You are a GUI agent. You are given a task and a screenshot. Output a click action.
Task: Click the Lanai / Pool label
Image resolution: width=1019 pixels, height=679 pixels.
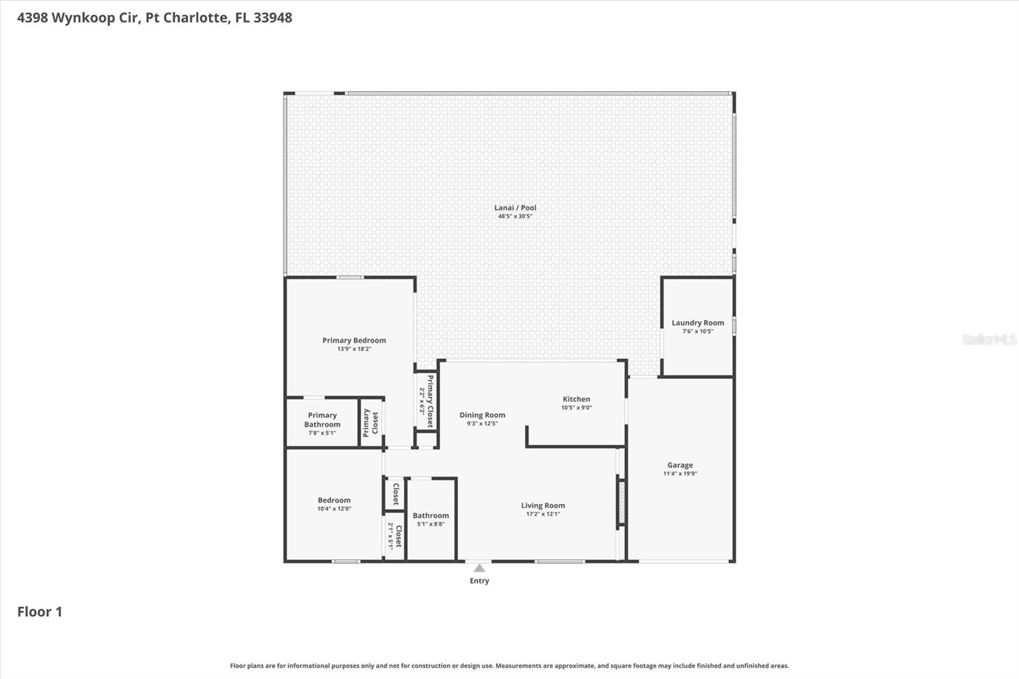point(515,208)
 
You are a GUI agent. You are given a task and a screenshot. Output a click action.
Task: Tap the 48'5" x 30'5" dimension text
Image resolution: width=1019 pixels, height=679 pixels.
point(515,217)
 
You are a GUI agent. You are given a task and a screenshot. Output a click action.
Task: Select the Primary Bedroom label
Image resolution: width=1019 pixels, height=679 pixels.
point(354,340)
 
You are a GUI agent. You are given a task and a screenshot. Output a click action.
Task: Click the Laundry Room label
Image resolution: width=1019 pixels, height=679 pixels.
point(697,323)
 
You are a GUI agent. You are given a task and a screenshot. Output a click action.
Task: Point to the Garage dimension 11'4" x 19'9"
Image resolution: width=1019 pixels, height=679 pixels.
point(680,474)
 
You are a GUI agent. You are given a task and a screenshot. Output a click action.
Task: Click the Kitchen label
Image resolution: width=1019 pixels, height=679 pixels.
point(576,399)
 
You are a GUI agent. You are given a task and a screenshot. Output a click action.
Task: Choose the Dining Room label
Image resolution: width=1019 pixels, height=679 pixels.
point(482,415)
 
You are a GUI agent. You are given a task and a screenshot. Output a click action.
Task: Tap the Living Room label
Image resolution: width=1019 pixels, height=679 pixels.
point(543,506)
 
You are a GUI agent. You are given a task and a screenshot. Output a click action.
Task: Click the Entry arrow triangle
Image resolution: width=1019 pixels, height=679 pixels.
point(480,568)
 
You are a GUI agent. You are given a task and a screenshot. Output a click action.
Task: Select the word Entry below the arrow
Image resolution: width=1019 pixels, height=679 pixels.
point(480,581)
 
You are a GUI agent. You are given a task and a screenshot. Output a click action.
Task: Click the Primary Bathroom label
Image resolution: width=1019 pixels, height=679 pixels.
point(322,420)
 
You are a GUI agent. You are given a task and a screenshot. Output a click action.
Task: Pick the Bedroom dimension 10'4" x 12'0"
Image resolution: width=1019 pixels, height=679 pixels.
point(334,509)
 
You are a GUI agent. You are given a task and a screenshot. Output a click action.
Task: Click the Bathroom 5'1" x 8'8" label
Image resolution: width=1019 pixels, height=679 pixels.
point(431,519)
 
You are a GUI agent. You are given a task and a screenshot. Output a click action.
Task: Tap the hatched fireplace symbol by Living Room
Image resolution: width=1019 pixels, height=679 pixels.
point(622,503)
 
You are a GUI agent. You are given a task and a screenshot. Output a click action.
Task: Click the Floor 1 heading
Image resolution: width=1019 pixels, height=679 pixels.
point(39,612)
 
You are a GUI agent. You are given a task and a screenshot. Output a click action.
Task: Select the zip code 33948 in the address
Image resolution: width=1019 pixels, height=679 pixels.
point(273,18)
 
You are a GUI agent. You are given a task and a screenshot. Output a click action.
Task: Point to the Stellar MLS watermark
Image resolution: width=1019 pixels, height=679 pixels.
point(988,339)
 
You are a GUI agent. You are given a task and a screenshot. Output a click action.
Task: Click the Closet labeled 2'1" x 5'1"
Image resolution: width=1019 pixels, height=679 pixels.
point(395,536)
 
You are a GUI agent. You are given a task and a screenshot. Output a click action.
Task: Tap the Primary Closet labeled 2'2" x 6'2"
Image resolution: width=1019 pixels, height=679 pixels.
point(426,401)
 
